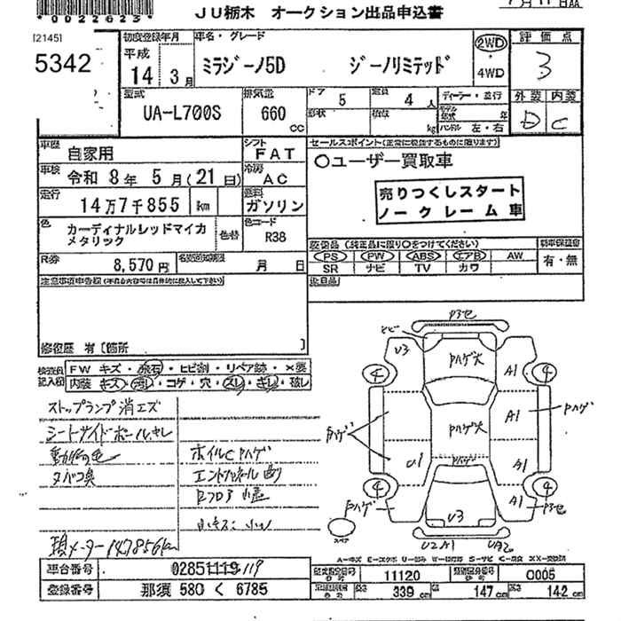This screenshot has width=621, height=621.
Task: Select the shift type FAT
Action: point(272,153)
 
